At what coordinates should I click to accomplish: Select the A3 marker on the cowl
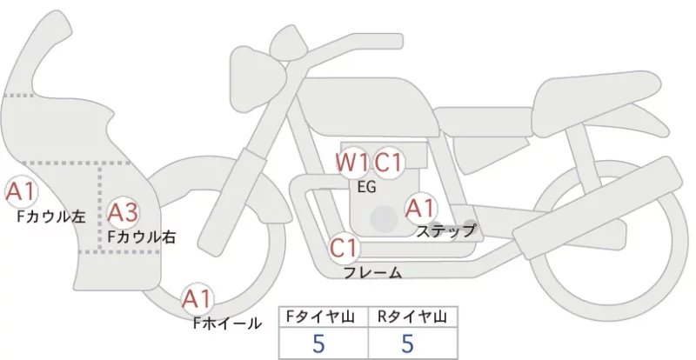[124, 213]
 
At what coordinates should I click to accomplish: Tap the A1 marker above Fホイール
[197, 299]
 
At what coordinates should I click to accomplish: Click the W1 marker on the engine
[351, 163]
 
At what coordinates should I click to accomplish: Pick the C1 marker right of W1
[388, 163]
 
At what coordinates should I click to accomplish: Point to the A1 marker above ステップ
[421, 208]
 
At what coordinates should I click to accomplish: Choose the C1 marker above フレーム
[345, 248]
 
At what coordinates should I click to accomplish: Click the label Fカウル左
[51, 217]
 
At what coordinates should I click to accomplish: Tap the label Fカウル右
[142, 237]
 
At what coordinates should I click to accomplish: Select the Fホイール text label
[227, 323]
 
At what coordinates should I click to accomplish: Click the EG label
[366, 187]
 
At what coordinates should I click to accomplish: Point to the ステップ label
[445, 230]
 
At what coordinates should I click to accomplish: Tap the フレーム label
[373, 272]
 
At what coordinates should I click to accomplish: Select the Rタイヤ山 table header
[412, 317]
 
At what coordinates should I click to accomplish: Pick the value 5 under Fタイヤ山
[318, 343]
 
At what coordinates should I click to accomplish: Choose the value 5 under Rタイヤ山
[407, 343]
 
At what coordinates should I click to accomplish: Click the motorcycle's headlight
[258, 77]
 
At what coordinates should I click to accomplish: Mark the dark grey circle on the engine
[384, 219]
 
